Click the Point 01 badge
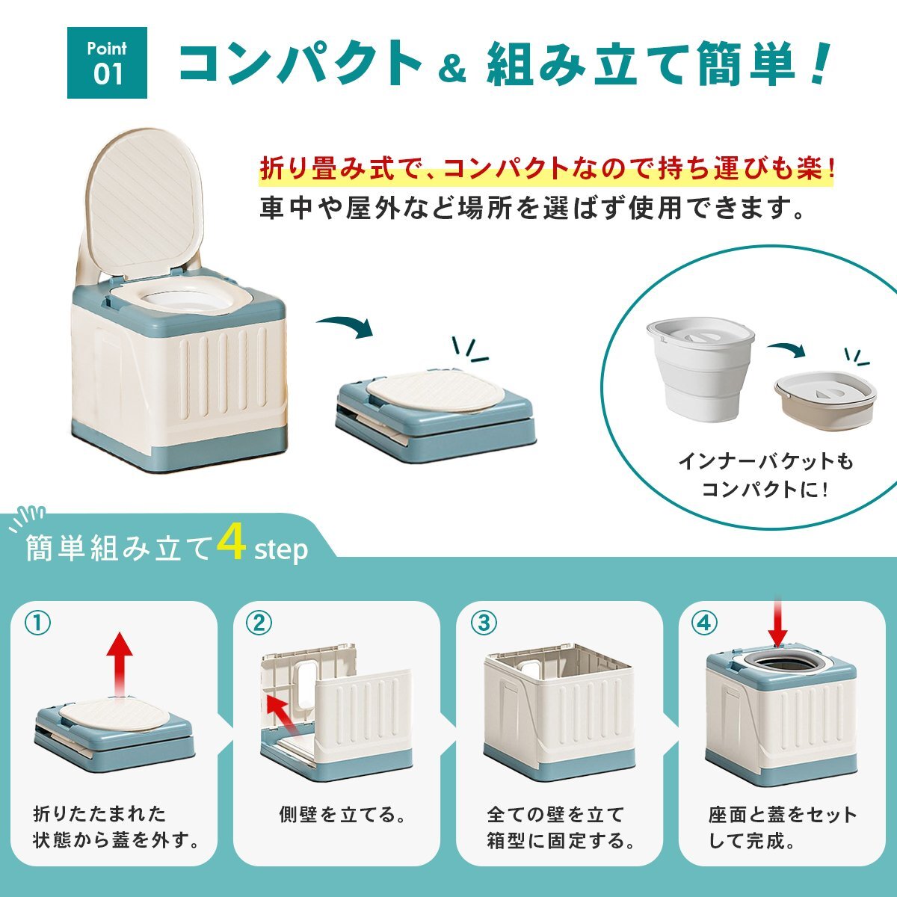click(x=107, y=62)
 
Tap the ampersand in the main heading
click(x=451, y=69)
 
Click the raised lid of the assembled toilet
click(x=146, y=200)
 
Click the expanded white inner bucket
click(x=700, y=367)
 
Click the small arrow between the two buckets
click(x=786, y=350)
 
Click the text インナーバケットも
click(x=765, y=461)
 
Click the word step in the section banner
click(x=281, y=549)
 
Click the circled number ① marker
click(x=37, y=623)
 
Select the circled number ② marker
click(x=259, y=623)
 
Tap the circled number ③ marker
click(x=484, y=623)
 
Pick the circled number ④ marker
click(x=704, y=623)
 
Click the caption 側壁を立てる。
click(x=342, y=814)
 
